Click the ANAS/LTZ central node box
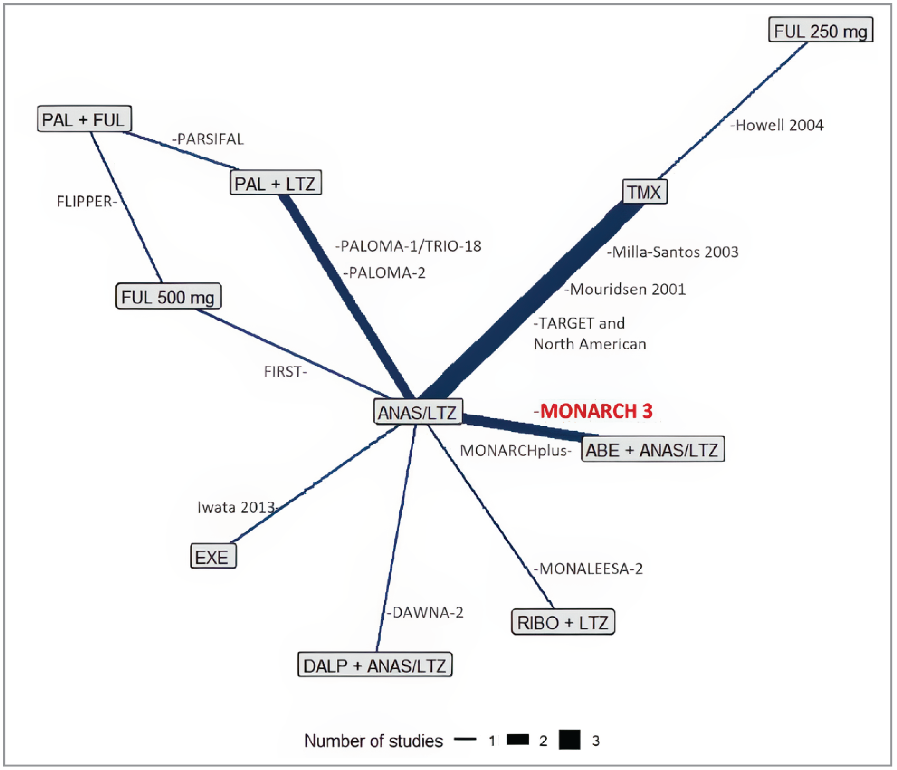click(417, 412)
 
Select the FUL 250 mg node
click(820, 31)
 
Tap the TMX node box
click(644, 192)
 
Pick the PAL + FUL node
click(84, 119)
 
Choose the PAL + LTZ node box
click(275, 183)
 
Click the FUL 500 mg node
click(168, 297)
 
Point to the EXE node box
click(213, 557)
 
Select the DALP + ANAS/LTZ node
click(375, 665)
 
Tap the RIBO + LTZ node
click(563, 622)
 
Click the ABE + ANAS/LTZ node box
click(652, 450)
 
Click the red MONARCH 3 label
click(594, 411)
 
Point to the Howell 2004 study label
click(778, 125)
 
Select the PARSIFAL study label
click(209, 139)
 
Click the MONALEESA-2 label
click(589, 569)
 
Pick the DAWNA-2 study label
click(426, 612)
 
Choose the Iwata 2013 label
click(236, 507)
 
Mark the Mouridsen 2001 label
click(626, 289)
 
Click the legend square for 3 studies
click(569, 740)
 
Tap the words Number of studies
click(373, 741)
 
